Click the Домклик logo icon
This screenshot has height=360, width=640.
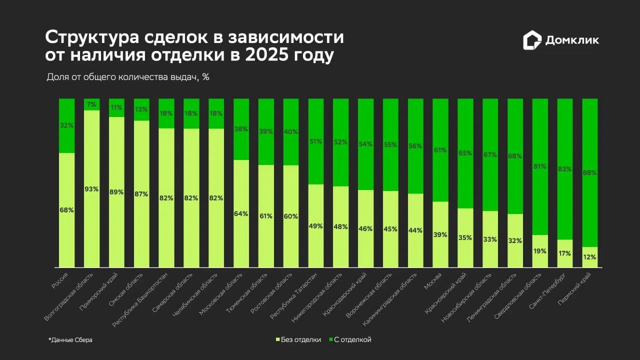pos(532,40)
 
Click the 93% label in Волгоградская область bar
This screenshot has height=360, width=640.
pos(91,189)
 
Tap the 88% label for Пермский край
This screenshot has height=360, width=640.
pos(590,172)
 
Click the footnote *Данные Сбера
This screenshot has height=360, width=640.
pos(70,340)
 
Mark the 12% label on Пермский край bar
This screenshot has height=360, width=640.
pos(590,257)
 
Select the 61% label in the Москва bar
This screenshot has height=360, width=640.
pos(440,150)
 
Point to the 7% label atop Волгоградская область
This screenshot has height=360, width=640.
pos(91,104)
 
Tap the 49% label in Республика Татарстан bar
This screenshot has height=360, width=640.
pos(315,225)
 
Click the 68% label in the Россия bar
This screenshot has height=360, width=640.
pos(66,210)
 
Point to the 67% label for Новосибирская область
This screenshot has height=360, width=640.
pos(490,155)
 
